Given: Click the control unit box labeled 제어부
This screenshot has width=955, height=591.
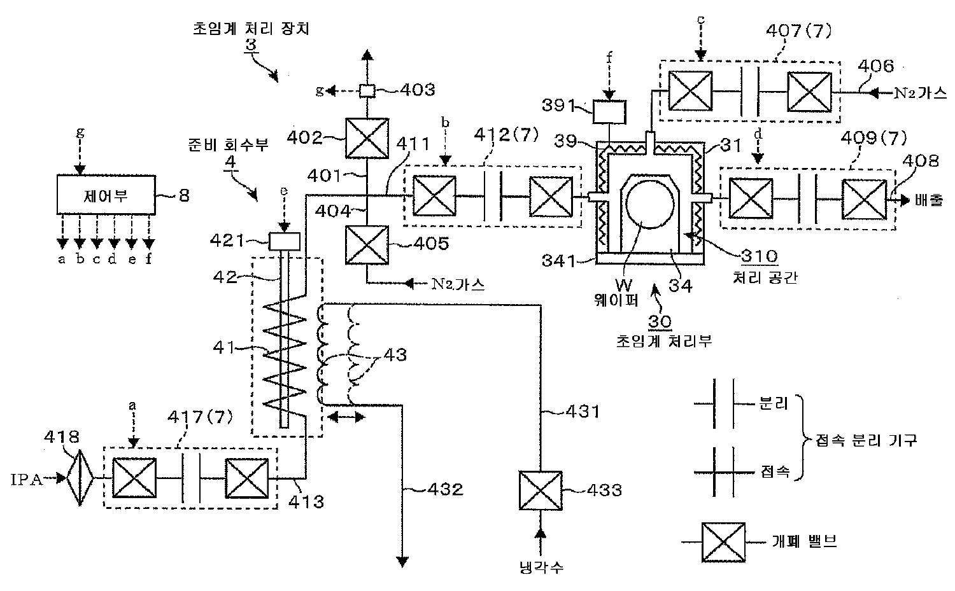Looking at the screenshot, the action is (x=106, y=195).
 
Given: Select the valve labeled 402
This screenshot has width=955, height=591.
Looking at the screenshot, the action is (x=367, y=138).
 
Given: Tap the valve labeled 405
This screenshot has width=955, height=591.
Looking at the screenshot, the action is (x=367, y=245).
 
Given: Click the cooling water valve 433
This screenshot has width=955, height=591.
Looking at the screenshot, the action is (x=540, y=490).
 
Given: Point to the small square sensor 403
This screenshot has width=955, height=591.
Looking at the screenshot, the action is (x=367, y=91).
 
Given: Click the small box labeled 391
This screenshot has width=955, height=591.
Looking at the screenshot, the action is (x=609, y=111).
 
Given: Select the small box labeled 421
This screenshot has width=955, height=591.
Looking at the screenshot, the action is (x=285, y=242).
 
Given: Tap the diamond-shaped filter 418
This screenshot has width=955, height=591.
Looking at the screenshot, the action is (x=80, y=478).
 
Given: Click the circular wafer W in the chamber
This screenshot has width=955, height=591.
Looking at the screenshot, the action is (x=650, y=204).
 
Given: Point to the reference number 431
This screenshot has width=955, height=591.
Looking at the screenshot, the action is (x=583, y=412).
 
